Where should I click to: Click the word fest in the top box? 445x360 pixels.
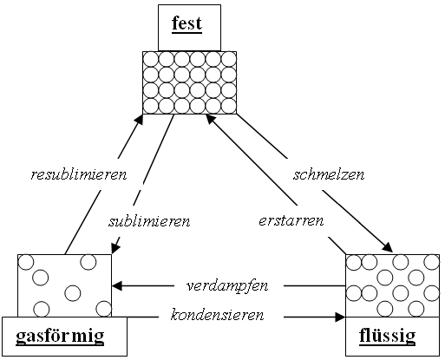point(187,23)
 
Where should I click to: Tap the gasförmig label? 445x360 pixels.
point(60,337)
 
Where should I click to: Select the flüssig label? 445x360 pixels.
point(387,337)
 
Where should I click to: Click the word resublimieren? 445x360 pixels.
point(79,174)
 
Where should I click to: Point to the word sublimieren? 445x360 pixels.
point(149,221)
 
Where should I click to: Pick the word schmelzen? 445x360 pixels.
point(329,174)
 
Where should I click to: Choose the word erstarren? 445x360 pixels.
point(291,221)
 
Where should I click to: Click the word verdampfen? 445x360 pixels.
point(227,286)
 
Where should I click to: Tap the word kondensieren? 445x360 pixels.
point(217,315)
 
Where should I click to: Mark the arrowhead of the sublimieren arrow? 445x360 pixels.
point(115,248)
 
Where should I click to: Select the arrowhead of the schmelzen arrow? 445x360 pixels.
point(388,248)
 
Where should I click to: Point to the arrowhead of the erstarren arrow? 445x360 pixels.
point(210,119)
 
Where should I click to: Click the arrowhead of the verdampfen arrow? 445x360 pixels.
point(117,286)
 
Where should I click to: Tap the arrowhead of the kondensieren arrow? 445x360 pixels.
point(340,317)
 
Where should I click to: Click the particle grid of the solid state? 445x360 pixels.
point(190,82)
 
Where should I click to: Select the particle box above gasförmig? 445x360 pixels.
point(64,285)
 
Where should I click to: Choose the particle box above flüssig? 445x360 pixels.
point(393,285)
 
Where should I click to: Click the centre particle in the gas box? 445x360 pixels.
point(73,293)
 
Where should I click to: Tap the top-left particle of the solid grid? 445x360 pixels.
point(151,60)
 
